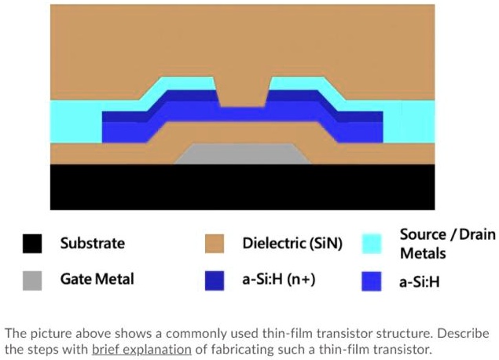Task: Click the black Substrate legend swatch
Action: point(32,244)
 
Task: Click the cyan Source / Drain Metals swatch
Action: point(372,244)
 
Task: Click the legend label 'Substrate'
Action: point(92,244)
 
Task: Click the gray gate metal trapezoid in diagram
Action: point(241,154)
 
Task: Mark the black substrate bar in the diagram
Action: point(241,186)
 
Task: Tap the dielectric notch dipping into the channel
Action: point(242,94)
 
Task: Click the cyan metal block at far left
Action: point(75,121)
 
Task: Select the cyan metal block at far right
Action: point(409,121)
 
